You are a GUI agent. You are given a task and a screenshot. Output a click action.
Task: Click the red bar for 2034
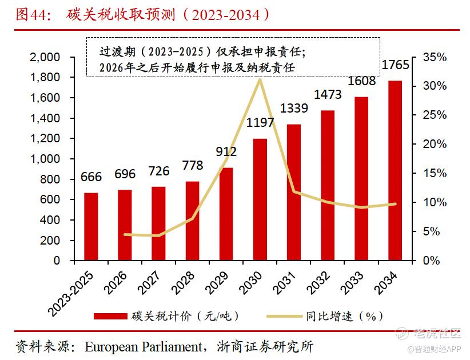[x=395, y=170]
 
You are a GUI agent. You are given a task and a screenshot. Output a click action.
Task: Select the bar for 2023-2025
[x=91, y=226]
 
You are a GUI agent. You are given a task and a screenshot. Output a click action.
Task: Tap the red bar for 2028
[x=193, y=221]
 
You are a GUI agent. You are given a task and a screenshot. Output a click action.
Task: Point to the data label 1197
[x=260, y=122]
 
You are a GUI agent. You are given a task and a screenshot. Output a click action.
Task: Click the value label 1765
[x=395, y=65]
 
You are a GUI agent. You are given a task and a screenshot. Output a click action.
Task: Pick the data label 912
[x=226, y=151]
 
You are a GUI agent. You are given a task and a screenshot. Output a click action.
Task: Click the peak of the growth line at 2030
[x=260, y=79]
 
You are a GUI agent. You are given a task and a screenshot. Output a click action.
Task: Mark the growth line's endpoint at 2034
[x=395, y=204]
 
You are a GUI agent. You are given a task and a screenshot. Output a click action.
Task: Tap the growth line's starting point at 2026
[x=125, y=234]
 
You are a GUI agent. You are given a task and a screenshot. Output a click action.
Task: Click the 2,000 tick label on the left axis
[x=45, y=57]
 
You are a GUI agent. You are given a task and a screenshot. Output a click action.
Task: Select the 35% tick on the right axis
[x=435, y=57]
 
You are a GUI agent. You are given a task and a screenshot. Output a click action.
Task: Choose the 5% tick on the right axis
[x=431, y=231]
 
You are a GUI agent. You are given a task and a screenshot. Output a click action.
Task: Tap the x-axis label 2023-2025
[x=71, y=294]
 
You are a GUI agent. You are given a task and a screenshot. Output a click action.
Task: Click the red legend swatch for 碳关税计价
[x=110, y=316]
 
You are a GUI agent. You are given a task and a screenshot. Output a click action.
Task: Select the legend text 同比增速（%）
[x=345, y=316]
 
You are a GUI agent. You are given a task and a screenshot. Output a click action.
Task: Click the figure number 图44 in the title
[x=31, y=15]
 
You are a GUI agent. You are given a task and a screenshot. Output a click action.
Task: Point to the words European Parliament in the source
[x=144, y=347]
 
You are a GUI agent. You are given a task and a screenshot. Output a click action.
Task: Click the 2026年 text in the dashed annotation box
[x=116, y=67]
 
